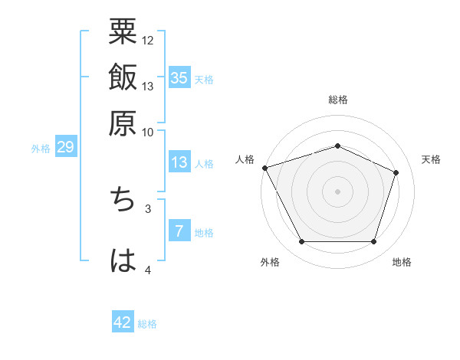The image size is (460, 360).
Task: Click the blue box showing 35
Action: tap(179, 77)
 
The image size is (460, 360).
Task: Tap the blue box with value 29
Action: tap(65, 147)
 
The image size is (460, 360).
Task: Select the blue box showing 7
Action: tap(179, 232)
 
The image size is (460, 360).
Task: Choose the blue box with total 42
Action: tap(123, 322)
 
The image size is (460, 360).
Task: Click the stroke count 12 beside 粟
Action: tap(148, 40)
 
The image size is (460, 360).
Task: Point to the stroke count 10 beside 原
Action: tap(148, 132)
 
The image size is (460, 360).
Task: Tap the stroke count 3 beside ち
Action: tap(148, 208)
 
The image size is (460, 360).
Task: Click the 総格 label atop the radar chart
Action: tap(337, 100)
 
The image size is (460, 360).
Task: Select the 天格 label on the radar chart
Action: tap(431, 159)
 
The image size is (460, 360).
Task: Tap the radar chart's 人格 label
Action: tap(245, 159)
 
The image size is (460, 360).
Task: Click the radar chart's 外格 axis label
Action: tap(270, 263)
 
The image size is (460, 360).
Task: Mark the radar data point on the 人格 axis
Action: tap(264, 168)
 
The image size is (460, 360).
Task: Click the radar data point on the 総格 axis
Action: tap(337, 146)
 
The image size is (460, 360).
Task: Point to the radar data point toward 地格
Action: tap(373, 242)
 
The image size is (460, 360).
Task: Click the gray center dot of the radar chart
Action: tap(337, 191)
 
